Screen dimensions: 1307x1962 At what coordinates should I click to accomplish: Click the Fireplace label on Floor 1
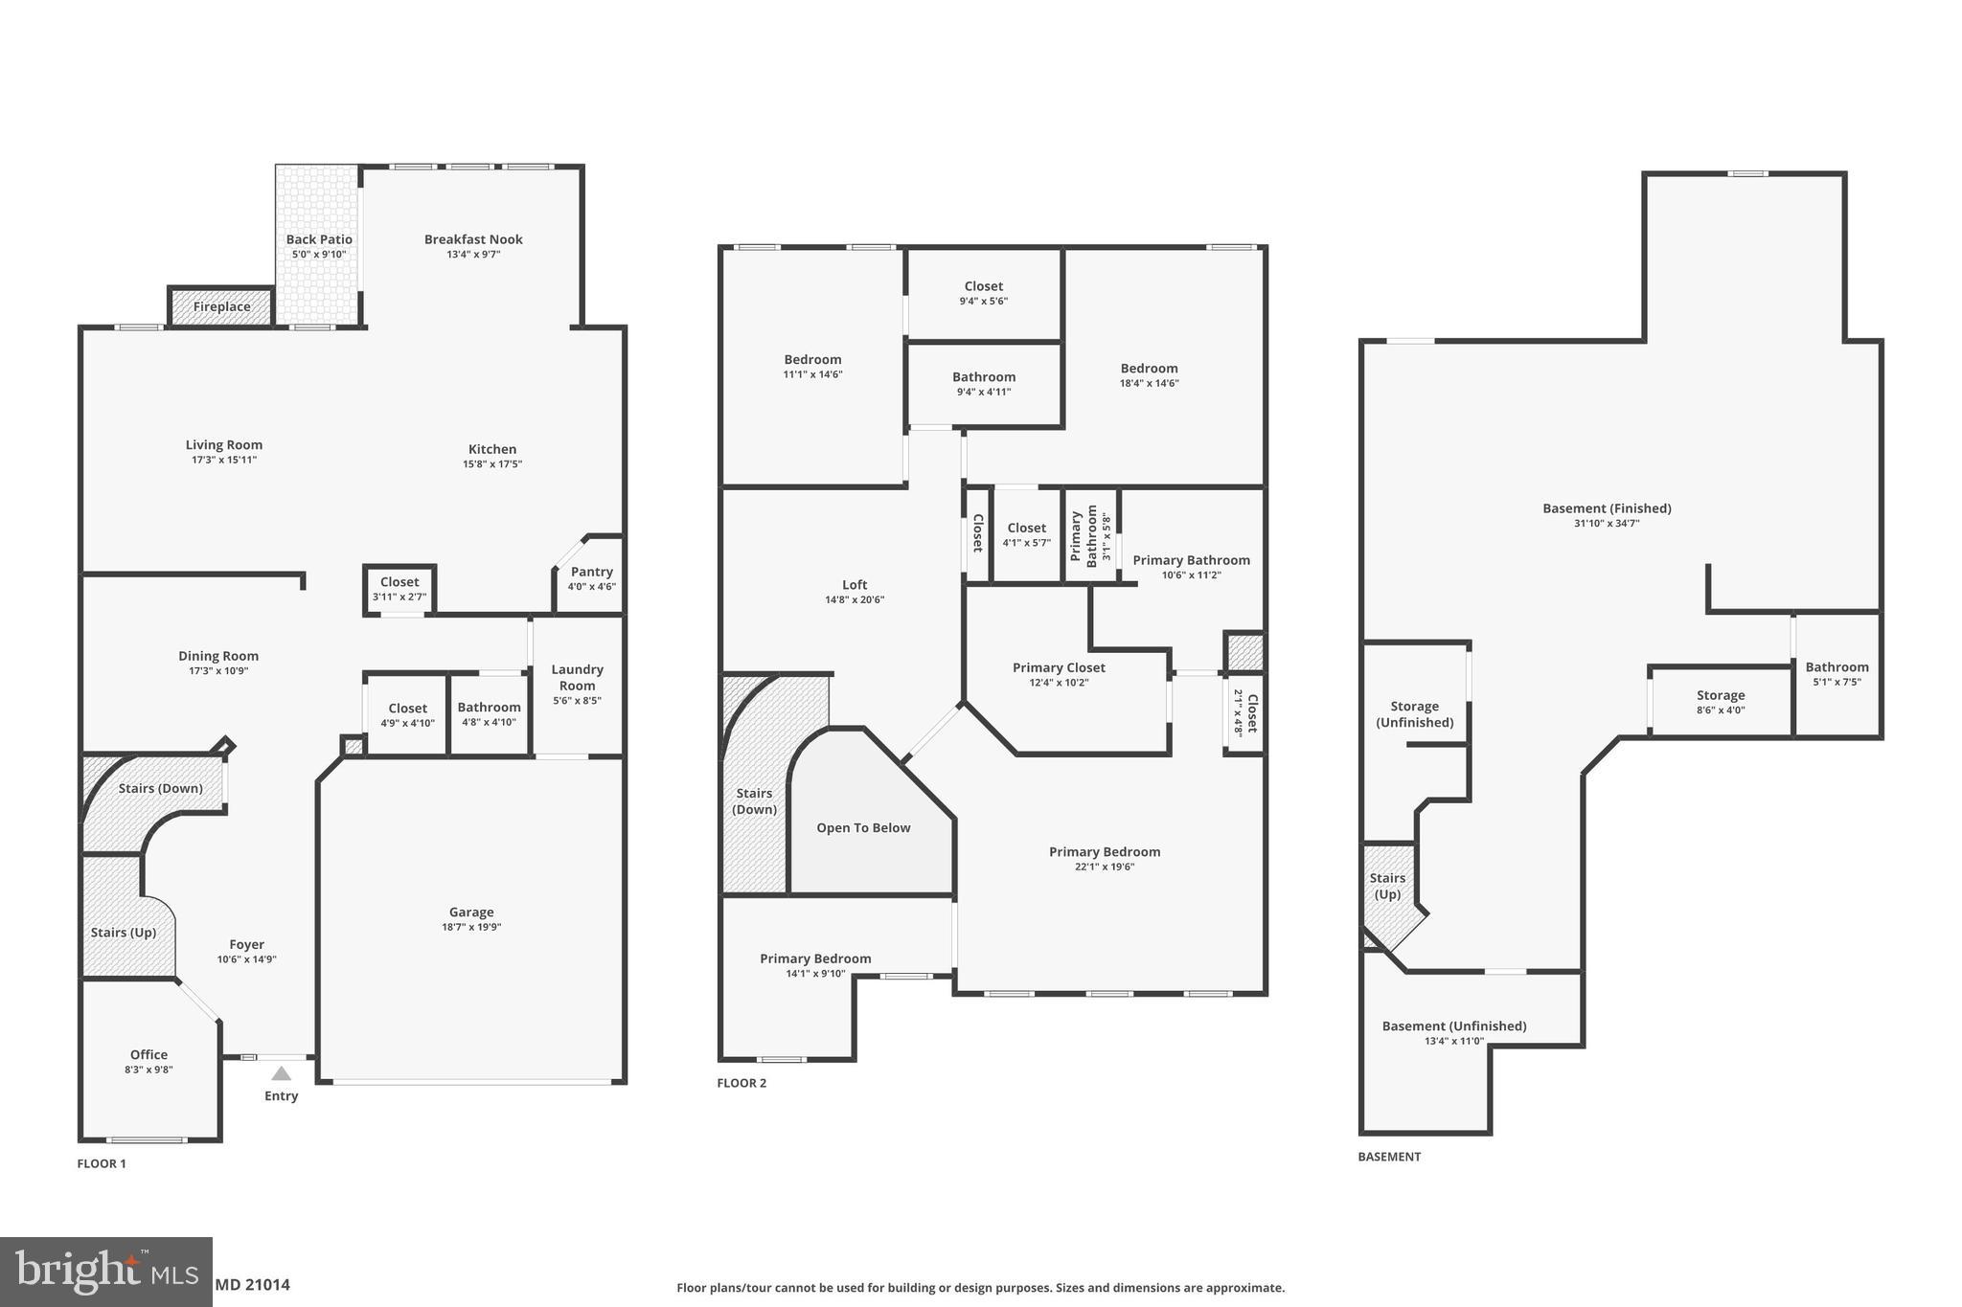point(221,307)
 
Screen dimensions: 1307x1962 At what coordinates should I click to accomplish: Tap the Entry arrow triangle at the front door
point(281,1073)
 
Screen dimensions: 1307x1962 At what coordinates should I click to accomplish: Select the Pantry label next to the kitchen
point(591,572)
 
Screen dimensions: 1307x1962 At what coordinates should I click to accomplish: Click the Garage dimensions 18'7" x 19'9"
point(471,927)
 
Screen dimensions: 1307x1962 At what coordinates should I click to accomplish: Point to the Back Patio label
point(319,239)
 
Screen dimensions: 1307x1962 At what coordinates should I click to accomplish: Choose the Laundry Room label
point(577,677)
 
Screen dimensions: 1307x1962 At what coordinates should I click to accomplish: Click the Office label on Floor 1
point(148,1054)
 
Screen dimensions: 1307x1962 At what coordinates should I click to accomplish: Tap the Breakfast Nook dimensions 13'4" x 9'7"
point(473,255)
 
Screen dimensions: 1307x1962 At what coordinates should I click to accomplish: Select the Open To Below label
point(863,828)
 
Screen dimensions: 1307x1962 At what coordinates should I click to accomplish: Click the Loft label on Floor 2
point(855,585)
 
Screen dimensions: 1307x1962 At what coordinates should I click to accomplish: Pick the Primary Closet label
point(1059,667)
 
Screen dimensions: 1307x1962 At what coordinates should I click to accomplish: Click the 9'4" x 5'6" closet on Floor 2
point(984,293)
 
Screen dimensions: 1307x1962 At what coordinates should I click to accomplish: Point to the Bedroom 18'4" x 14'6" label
point(1149,369)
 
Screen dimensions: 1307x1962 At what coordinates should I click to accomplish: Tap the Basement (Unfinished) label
point(1453,1026)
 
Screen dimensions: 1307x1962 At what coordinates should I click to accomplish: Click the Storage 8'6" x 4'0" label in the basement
point(1721,696)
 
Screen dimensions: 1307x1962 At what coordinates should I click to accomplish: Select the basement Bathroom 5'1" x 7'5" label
point(1837,667)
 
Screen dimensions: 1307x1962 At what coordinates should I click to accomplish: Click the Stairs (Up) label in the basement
point(1387,886)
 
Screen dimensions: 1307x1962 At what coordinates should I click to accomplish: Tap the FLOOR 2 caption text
point(741,1083)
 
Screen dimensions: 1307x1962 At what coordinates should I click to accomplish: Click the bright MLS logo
point(105,1272)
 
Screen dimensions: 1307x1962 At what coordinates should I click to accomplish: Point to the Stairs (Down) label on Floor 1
point(160,788)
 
